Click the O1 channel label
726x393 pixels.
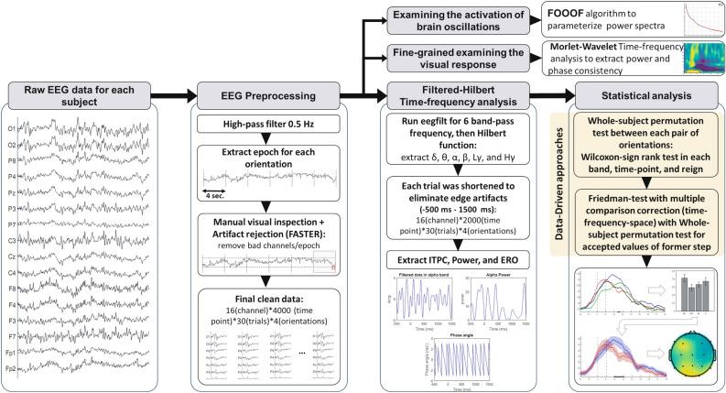[x=11, y=128]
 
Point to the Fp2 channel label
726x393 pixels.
[x=11, y=366]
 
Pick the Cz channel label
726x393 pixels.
[x=11, y=256]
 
